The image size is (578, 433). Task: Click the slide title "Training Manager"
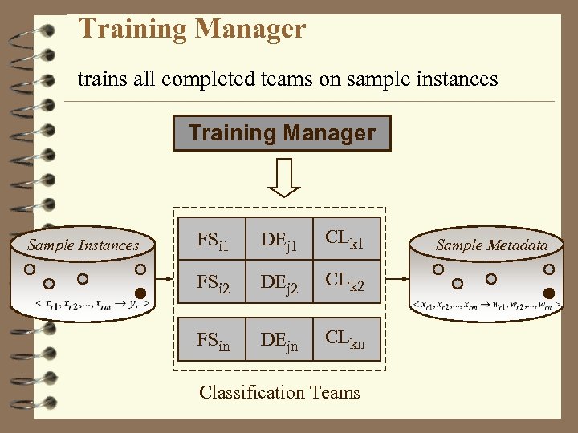pos(192,30)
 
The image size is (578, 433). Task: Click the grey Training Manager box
pos(282,133)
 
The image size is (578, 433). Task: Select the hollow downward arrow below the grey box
pos(283,177)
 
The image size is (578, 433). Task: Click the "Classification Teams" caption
pos(279,392)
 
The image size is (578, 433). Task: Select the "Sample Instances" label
pos(83,245)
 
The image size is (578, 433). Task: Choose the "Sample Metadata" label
pos(491,245)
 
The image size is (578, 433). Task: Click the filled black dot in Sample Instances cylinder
pos(140,293)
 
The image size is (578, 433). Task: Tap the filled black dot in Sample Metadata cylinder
pos(549,293)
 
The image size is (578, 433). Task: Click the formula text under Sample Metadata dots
pos(486,305)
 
